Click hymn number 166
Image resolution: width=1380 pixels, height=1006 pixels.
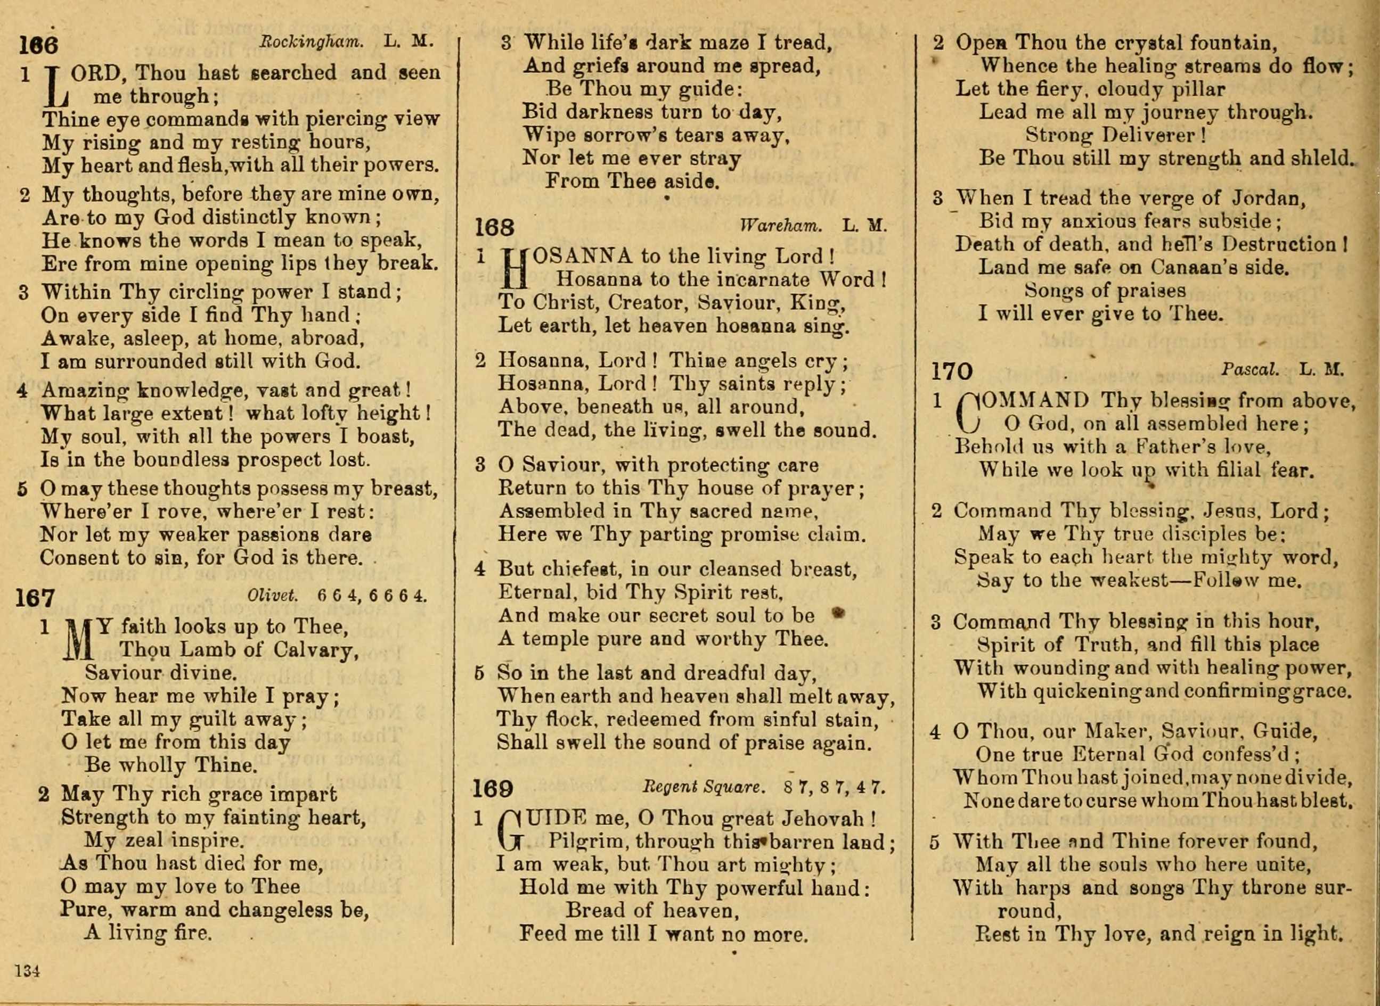(x=38, y=46)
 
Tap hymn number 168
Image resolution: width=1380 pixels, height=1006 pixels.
(x=494, y=228)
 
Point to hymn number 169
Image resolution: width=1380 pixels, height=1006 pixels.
(x=492, y=789)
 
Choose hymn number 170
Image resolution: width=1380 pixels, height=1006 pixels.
(x=952, y=371)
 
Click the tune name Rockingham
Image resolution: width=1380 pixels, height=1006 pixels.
(x=312, y=42)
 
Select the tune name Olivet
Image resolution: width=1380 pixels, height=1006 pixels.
(x=272, y=596)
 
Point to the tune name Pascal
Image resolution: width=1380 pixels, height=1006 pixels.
(x=1250, y=369)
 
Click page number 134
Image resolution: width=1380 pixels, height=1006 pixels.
(x=27, y=970)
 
